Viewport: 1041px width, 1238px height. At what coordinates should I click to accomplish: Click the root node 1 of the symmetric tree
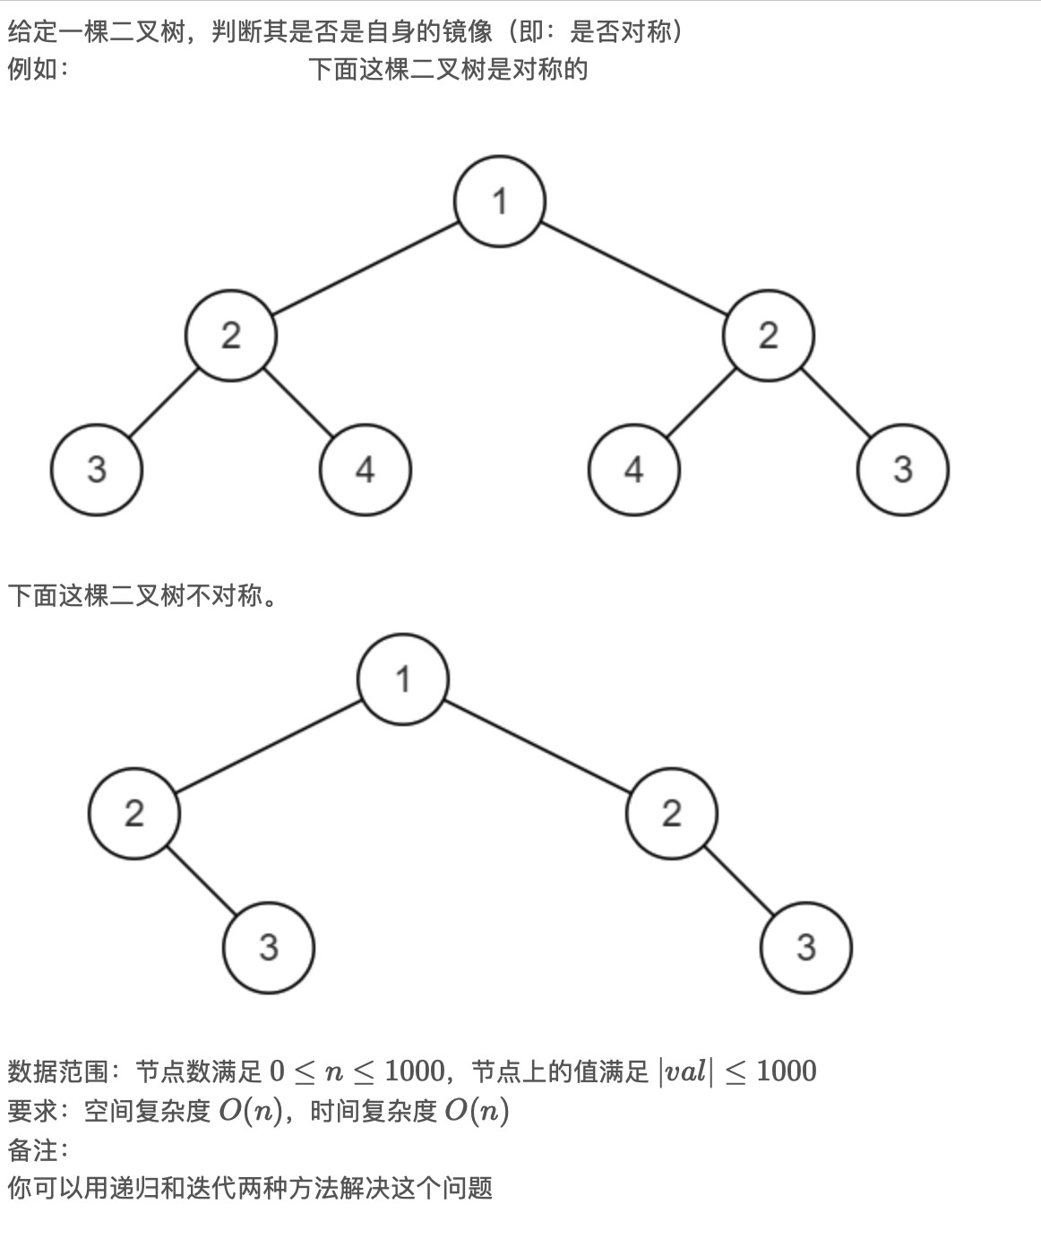(x=500, y=201)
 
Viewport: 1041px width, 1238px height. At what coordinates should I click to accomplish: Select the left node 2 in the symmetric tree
(x=231, y=335)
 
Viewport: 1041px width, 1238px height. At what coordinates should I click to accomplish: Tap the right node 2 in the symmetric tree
(x=769, y=335)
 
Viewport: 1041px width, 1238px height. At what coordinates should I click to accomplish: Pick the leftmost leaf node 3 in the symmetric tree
(x=97, y=469)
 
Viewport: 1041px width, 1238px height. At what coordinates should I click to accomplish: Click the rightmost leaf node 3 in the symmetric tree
(x=903, y=469)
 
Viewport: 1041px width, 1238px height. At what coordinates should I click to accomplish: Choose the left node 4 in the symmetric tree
(x=366, y=469)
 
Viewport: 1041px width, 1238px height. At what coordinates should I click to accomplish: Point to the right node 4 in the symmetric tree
(x=634, y=469)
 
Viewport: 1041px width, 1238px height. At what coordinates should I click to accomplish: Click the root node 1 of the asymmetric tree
(x=403, y=679)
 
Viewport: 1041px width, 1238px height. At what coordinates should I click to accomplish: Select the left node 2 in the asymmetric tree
(x=134, y=813)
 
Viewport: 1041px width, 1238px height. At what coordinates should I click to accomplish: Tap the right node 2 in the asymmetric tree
(x=672, y=813)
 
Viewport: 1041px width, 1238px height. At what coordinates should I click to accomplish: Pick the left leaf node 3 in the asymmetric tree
(x=269, y=947)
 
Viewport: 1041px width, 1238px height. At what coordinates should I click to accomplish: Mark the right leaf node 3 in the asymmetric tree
(x=806, y=947)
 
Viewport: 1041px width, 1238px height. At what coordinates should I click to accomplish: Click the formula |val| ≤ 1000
(x=736, y=1071)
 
